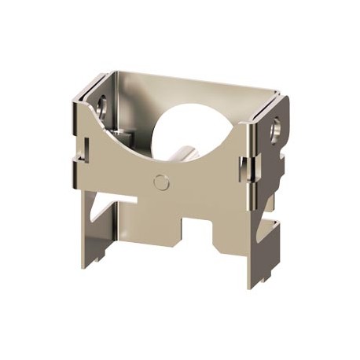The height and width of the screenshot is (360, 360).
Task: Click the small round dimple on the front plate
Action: point(162,182)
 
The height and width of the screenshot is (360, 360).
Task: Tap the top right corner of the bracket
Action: point(279,98)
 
